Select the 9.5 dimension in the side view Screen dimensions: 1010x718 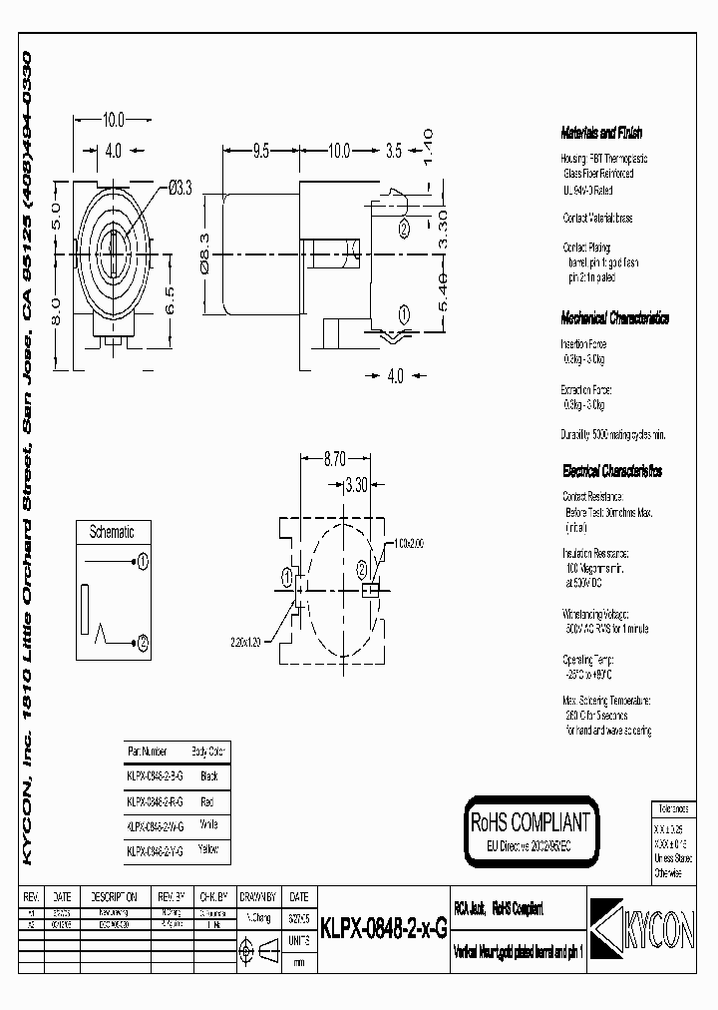click(x=261, y=152)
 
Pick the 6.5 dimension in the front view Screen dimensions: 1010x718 click(x=170, y=296)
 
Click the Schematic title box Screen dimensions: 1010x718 click(x=112, y=533)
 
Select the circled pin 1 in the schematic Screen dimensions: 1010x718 click(x=143, y=562)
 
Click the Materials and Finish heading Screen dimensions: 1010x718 click(x=602, y=133)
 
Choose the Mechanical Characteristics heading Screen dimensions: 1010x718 click(x=614, y=318)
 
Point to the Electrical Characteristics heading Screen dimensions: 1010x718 click(x=611, y=471)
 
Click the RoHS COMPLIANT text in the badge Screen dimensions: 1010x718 click(x=531, y=822)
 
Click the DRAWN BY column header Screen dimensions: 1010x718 click(x=258, y=896)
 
